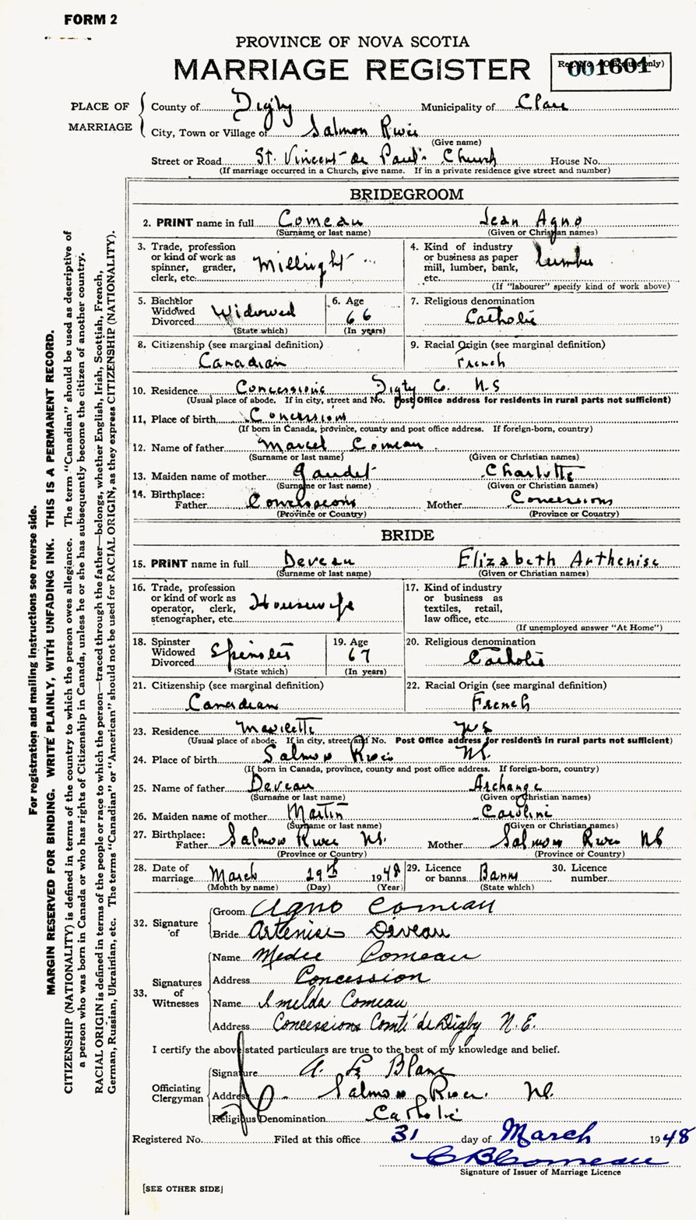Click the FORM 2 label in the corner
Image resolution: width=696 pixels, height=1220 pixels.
pos(90,19)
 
